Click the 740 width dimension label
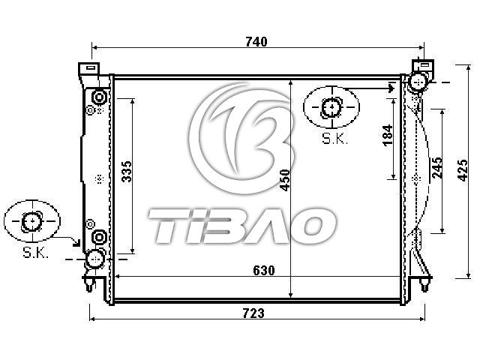click(256, 42)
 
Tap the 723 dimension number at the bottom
click(253, 313)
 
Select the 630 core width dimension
click(264, 270)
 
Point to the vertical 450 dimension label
click(285, 180)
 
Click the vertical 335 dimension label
click(127, 172)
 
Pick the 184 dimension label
click(387, 135)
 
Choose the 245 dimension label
click(437, 168)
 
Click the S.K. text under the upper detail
click(335, 139)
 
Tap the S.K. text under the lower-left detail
click(36, 253)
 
